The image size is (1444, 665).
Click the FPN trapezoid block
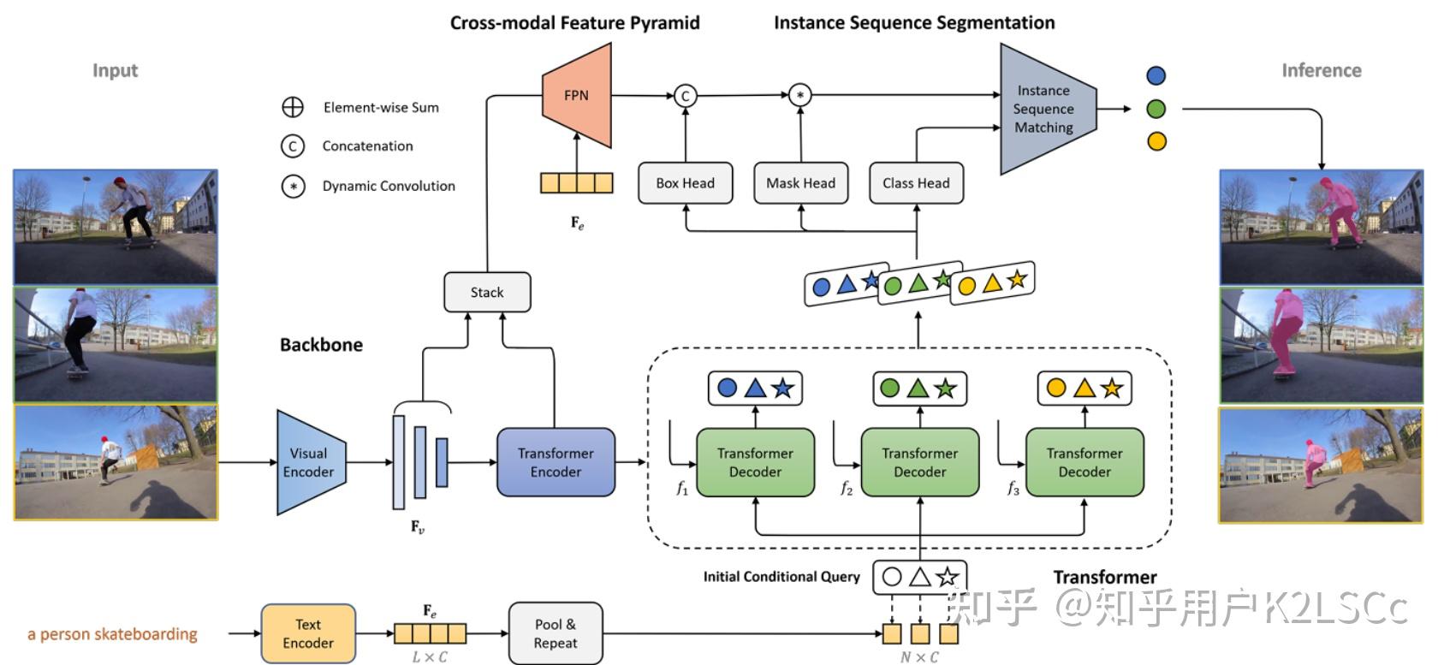coord(576,96)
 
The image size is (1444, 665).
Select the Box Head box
coord(685,183)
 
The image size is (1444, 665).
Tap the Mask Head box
coord(800,183)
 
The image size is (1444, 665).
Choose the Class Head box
coord(916,183)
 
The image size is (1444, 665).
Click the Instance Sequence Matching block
coord(1044,109)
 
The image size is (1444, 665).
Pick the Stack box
coord(487,293)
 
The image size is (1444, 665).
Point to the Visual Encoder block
coord(309,462)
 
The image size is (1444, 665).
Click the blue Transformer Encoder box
coord(556,462)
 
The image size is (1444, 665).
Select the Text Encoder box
coord(308,633)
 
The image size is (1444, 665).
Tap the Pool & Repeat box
coord(556,633)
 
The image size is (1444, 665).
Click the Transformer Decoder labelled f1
coord(755,462)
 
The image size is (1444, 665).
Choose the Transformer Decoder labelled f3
coord(1084,462)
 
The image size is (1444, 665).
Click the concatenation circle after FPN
coord(685,96)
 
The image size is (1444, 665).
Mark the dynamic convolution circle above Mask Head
coord(799,96)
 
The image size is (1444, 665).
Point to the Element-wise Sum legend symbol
coord(293,107)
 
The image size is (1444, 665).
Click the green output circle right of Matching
coord(1156,109)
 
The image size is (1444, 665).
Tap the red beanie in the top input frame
coord(119,182)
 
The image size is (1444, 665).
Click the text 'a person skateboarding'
coord(112,634)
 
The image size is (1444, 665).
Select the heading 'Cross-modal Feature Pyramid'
coord(574,23)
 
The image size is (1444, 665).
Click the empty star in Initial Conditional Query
coord(947,577)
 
